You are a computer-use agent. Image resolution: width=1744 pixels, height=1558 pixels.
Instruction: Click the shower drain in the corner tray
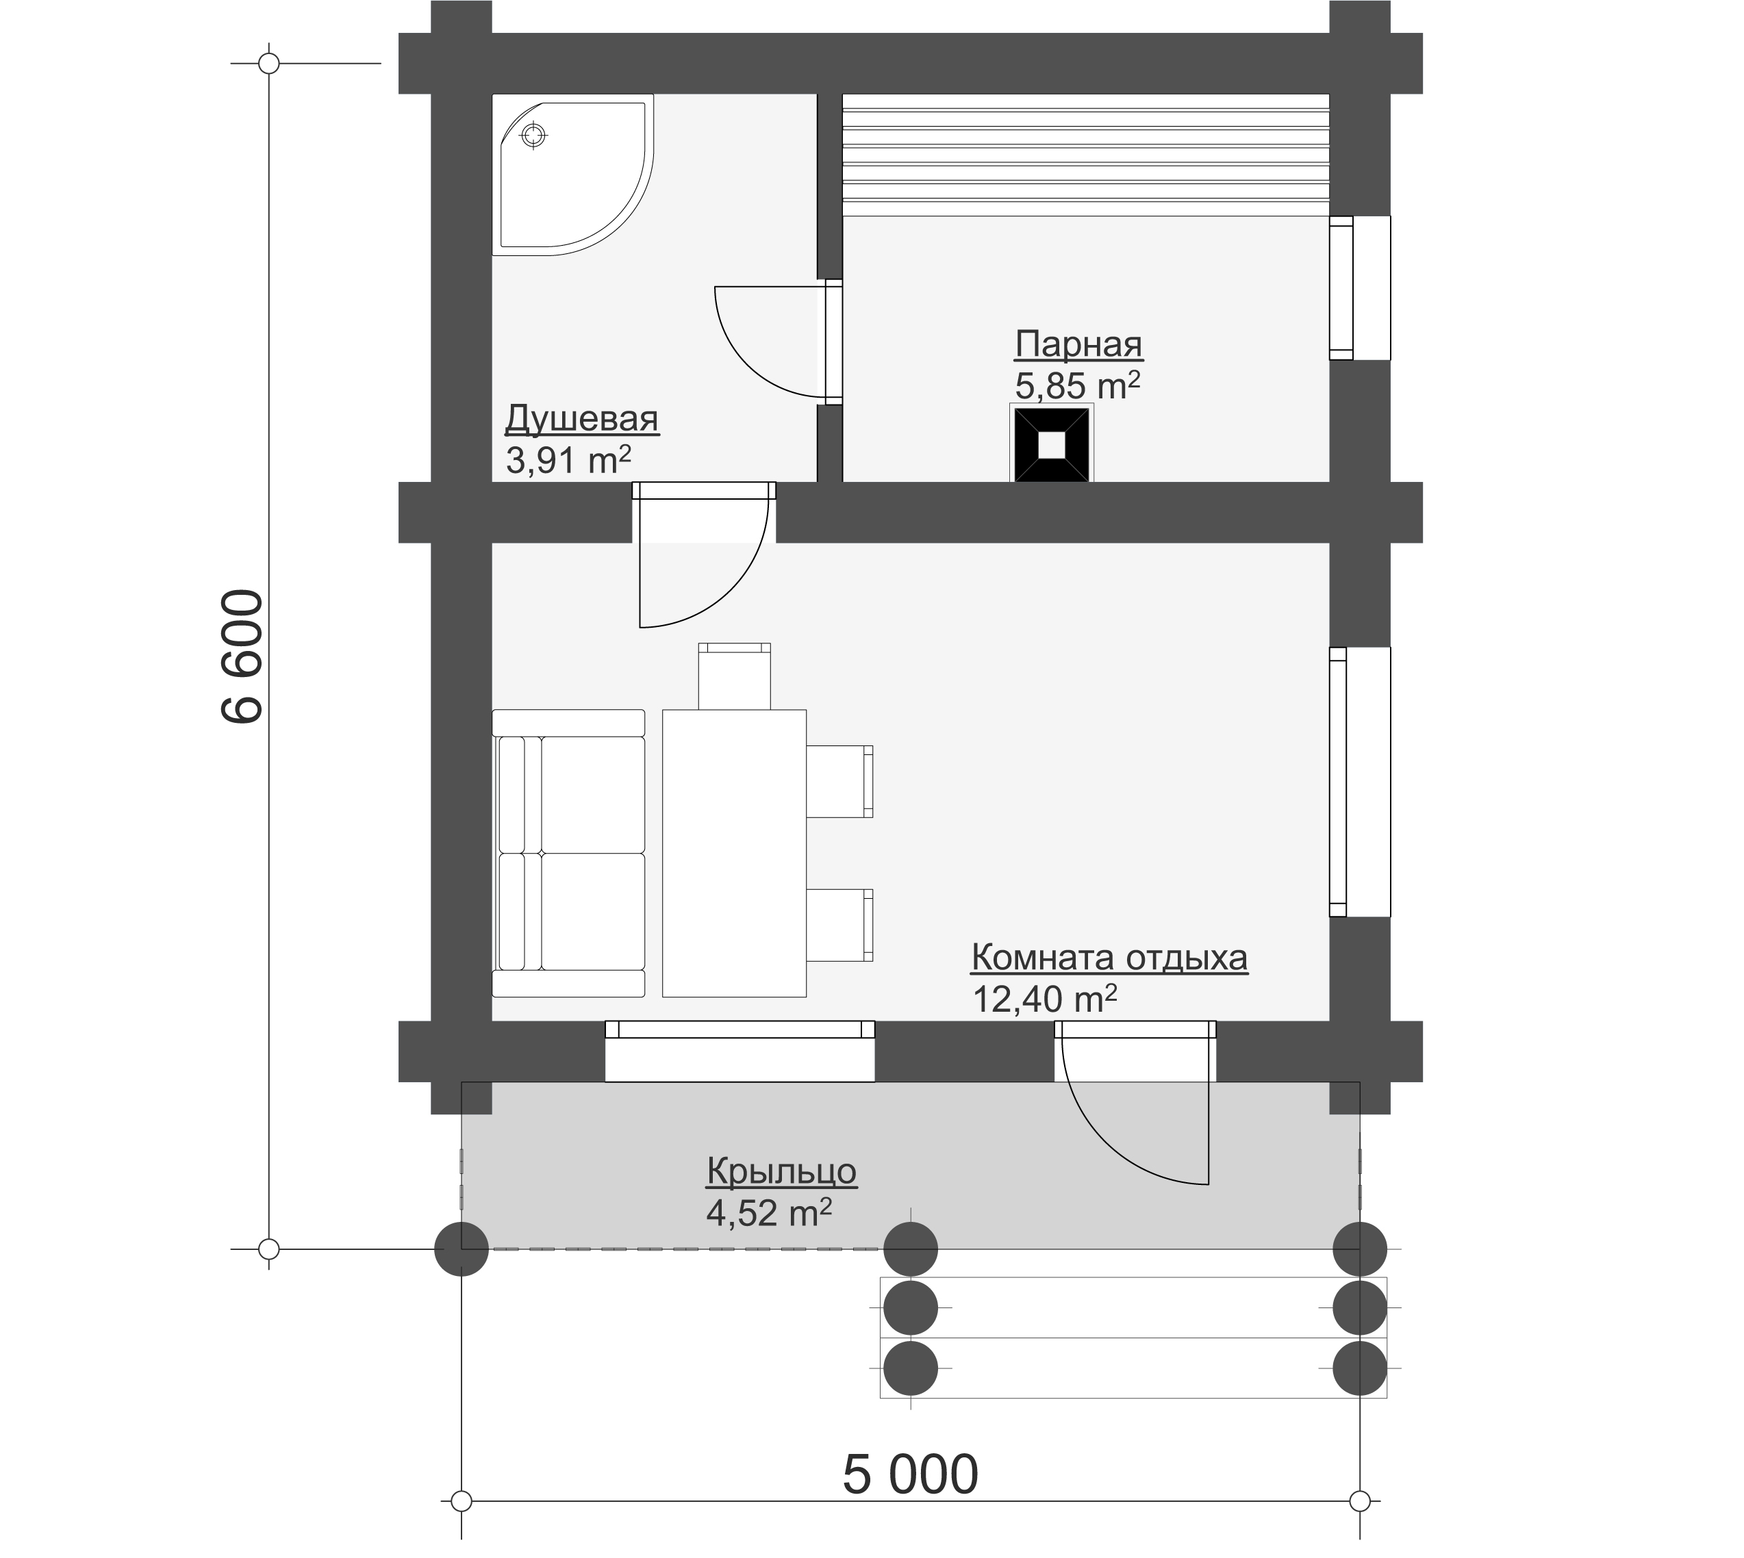pos(533,136)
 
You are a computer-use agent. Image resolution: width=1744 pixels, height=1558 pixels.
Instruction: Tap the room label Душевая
pos(581,420)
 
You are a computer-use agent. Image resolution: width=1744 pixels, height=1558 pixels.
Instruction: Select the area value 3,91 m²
pos(568,461)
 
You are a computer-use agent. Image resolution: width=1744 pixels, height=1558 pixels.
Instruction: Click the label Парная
pos(1078,345)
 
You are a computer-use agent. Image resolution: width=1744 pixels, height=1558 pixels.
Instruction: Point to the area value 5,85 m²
pos(1078,386)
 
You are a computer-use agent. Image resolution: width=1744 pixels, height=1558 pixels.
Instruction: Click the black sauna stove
pos(1052,444)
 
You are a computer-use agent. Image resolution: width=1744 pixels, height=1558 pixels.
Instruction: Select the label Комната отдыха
pos(1109,958)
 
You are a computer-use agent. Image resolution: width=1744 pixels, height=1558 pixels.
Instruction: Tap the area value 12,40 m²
pos(1044,998)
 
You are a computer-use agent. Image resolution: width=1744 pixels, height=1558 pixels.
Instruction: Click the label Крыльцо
pos(781,1171)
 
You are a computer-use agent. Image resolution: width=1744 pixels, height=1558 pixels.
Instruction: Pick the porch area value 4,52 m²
pos(769,1212)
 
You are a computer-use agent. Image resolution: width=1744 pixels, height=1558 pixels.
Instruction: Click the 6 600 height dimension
pos(242,656)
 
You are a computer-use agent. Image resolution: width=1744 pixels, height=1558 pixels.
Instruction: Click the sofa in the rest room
pos(568,854)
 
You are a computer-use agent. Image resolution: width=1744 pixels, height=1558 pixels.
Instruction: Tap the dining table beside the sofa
pos(735,854)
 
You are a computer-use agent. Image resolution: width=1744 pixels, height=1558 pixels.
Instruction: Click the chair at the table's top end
pos(735,676)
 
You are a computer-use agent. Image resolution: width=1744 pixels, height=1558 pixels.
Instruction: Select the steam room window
pos(1360,288)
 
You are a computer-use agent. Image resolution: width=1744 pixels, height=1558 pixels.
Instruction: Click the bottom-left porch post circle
pos(462,1250)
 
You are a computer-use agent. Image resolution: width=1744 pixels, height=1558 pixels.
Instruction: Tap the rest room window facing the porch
pos(740,1051)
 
